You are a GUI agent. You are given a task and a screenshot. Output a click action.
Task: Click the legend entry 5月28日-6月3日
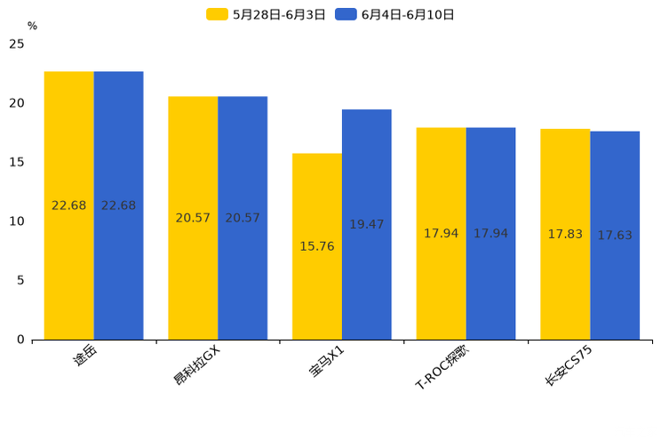tap(267, 14)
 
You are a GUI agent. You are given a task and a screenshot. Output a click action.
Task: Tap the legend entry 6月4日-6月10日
tap(395, 14)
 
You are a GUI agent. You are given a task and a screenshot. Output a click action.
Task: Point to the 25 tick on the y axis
tap(17, 44)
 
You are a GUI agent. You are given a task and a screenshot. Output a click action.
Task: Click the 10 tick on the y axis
tap(17, 221)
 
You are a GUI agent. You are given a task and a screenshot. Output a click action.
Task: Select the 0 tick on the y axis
tap(20, 340)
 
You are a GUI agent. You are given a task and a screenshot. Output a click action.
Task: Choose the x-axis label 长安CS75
tap(569, 365)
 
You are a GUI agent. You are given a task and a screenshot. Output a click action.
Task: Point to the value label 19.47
tap(367, 225)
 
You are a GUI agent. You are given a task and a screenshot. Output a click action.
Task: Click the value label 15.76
tap(317, 246)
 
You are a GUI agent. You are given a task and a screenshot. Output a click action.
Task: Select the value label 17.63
tap(615, 236)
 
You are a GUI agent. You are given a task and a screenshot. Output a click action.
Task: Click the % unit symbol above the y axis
tap(32, 27)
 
